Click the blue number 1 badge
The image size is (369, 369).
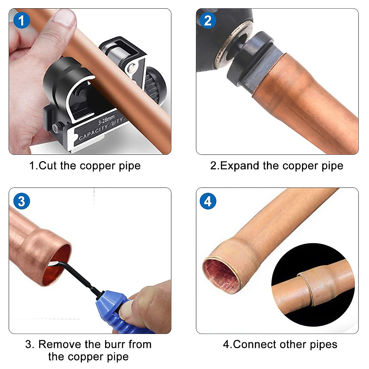click(22, 21)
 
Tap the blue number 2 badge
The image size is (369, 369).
click(208, 21)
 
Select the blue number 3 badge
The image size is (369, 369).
click(22, 201)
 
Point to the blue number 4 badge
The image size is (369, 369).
click(208, 201)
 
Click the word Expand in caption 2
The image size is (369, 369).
click(240, 166)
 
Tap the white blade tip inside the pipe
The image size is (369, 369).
click(53, 263)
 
